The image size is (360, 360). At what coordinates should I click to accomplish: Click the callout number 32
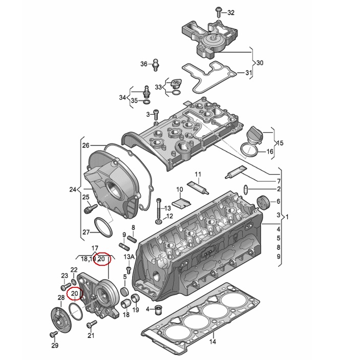coord(231,13)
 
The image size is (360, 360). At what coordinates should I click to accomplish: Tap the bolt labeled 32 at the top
coord(218,12)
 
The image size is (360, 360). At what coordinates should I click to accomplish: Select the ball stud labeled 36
coord(156,65)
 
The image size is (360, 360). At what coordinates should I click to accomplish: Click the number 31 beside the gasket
coord(248,73)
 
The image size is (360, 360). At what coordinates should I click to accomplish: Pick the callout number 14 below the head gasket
coord(213,342)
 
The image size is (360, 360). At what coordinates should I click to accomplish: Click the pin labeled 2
coord(245,189)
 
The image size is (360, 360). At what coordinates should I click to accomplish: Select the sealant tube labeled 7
coord(235,172)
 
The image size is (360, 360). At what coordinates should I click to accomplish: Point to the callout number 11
coord(198,174)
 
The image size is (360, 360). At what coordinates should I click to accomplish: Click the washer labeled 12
coord(158,222)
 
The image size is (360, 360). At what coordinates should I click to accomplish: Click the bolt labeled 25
coord(91,208)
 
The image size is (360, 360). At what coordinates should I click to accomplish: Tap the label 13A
coord(129,257)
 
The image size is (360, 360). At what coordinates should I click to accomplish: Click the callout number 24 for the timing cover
coord(73,189)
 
